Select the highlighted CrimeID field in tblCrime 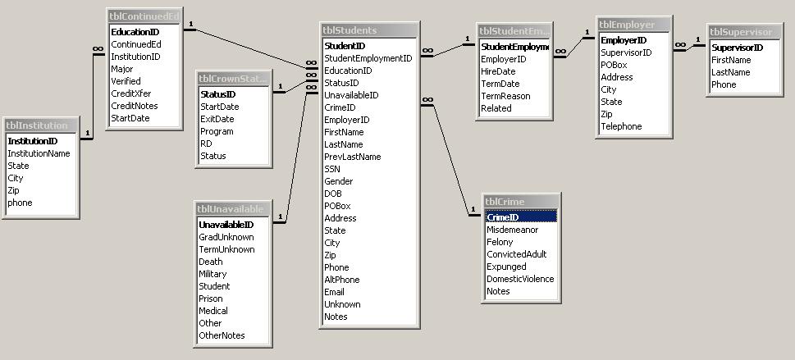click(503, 217)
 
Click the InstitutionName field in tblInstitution click(39, 153)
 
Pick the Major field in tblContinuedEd click(121, 69)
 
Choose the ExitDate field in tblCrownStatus click(217, 119)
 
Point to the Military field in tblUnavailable click(212, 274)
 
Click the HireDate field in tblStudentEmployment click(499, 71)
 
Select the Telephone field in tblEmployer click(621, 126)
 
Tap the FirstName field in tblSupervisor click(730, 60)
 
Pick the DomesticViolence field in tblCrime click(520, 279)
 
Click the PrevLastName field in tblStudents click(352, 157)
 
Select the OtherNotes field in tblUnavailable click(222, 335)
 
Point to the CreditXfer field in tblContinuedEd click(131, 93)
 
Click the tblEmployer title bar click(633, 25)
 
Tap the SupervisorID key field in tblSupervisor click(737, 48)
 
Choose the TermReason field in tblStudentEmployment click(505, 96)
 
